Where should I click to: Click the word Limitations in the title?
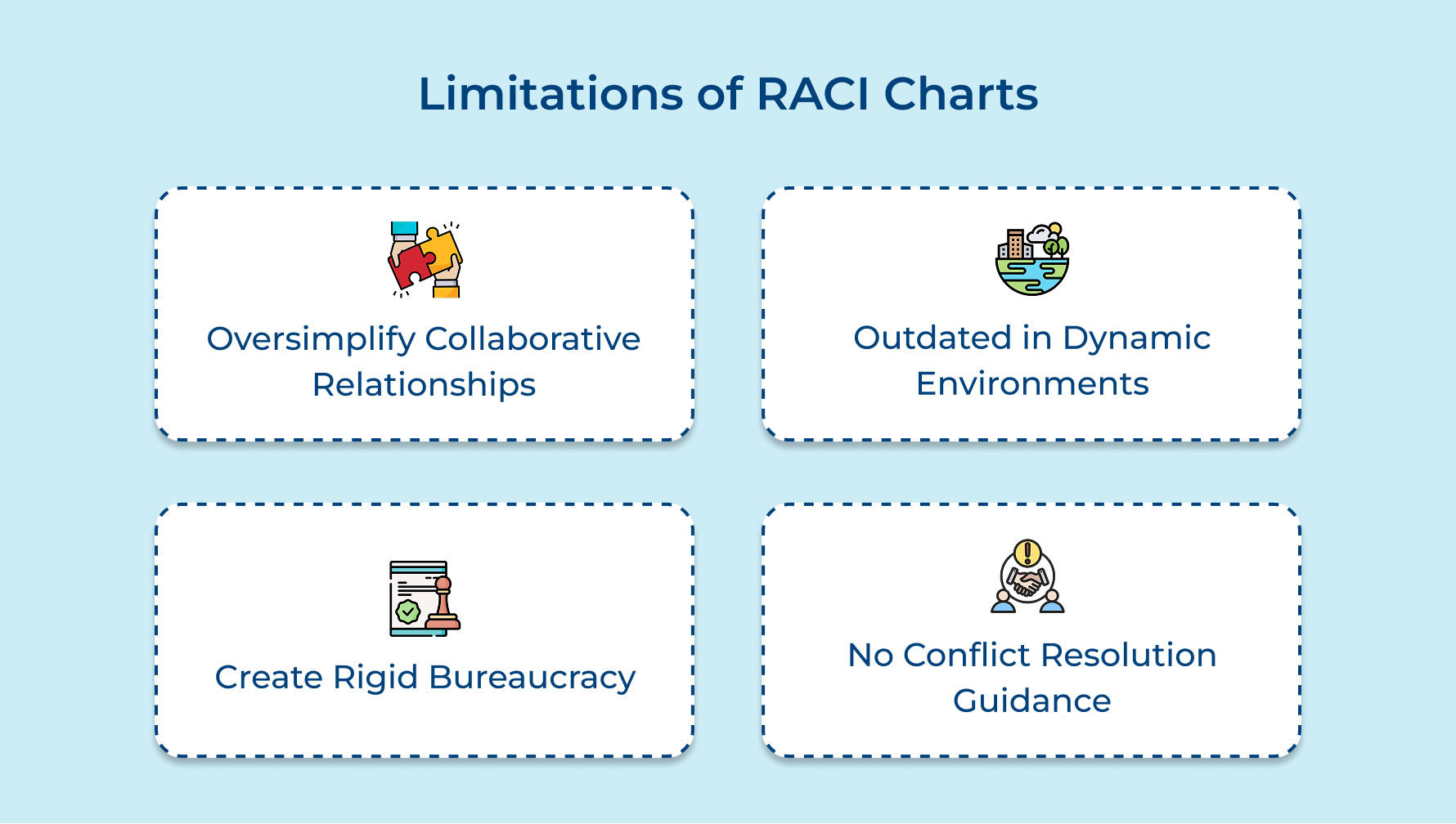[550, 94]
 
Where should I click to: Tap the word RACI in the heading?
[813, 94]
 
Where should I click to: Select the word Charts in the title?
[961, 94]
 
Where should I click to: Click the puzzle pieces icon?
[425, 259]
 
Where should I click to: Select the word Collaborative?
[533, 338]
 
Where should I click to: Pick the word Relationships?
[424, 384]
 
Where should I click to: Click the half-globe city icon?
[1032, 259]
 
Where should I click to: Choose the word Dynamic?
[1136, 338]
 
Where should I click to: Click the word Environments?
[1032, 383]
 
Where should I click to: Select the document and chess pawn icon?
[425, 598]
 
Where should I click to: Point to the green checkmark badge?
[407, 611]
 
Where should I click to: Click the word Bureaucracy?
[532, 678]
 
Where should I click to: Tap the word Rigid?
[375, 678]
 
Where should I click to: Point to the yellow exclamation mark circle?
[1027, 552]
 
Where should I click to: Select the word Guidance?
[1032, 701]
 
